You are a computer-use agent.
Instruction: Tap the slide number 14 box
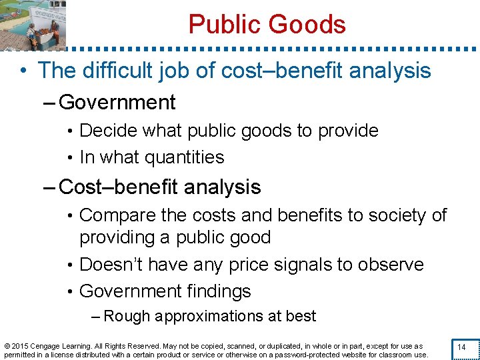[x=462, y=348]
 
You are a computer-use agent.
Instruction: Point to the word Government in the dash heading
[x=117, y=103]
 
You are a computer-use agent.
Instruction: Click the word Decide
[x=105, y=131]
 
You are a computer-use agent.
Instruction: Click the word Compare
[x=114, y=215]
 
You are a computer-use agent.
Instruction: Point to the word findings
[x=219, y=291]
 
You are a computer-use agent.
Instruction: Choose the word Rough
[x=127, y=316]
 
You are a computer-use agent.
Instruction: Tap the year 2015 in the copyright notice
[x=19, y=346]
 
